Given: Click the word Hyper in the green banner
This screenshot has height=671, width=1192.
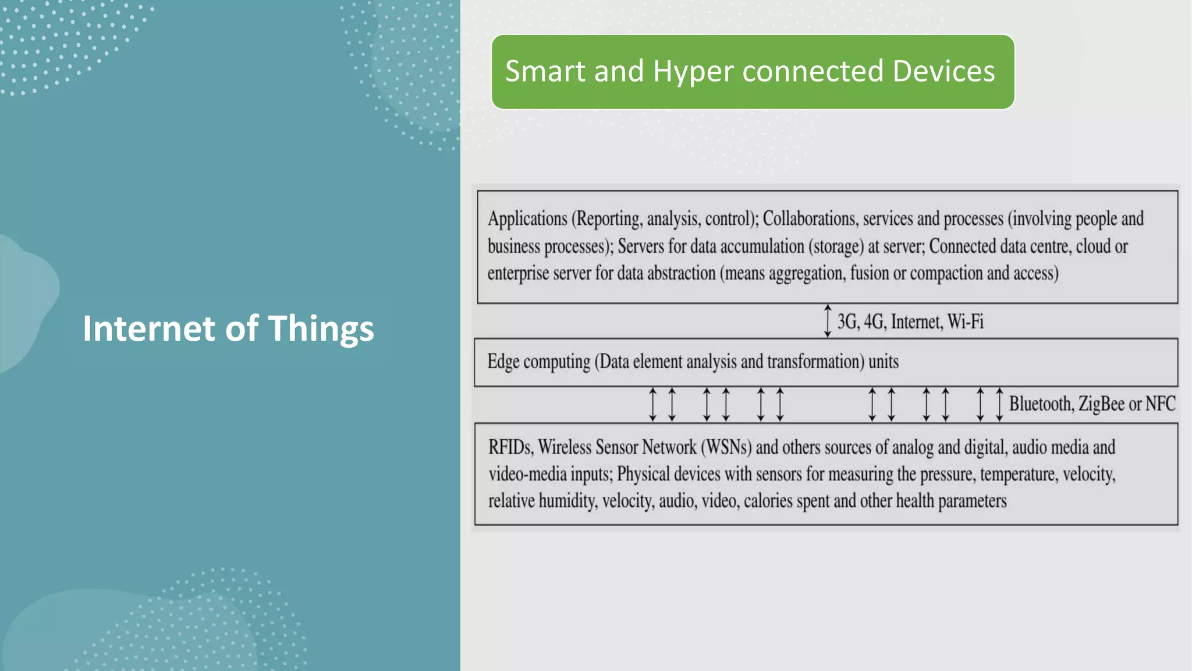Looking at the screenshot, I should pyautogui.click(x=693, y=72).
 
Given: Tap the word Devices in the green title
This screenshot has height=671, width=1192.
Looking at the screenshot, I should pyautogui.click(x=943, y=72).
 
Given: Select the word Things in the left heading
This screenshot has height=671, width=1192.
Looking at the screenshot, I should pyautogui.click(x=321, y=329).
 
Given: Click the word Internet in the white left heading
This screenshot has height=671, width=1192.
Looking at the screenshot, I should pyautogui.click(x=149, y=329).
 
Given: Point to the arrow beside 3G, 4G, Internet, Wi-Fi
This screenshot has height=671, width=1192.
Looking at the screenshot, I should pyautogui.click(x=828, y=321).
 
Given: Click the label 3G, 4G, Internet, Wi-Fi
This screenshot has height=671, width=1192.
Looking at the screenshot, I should pyautogui.click(x=910, y=322).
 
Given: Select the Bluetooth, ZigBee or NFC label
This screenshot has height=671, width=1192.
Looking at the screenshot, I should pyautogui.click(x=1092, y=404).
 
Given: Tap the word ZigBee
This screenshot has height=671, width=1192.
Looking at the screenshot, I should pyautogui.click(x=1101, y=404).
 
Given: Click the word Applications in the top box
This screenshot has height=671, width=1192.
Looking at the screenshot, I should pyautogui.click(x=527, y=219).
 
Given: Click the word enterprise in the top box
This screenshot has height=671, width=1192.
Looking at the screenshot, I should pyautogui.click(x=518, y=273).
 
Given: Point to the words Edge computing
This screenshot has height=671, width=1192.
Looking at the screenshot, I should pyautogui.click(x=538, y=362).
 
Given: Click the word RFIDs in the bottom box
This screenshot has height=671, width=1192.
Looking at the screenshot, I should pyautogui.click(x=510, y=447).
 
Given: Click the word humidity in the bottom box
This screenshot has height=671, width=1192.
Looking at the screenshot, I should pyautogui.click(x=567, y=501).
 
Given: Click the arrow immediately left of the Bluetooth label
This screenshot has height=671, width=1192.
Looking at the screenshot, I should pyautogui.click(x=999, y=404).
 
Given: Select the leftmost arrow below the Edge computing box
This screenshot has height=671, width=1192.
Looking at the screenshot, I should pyautogui.click(x=653, y=404).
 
